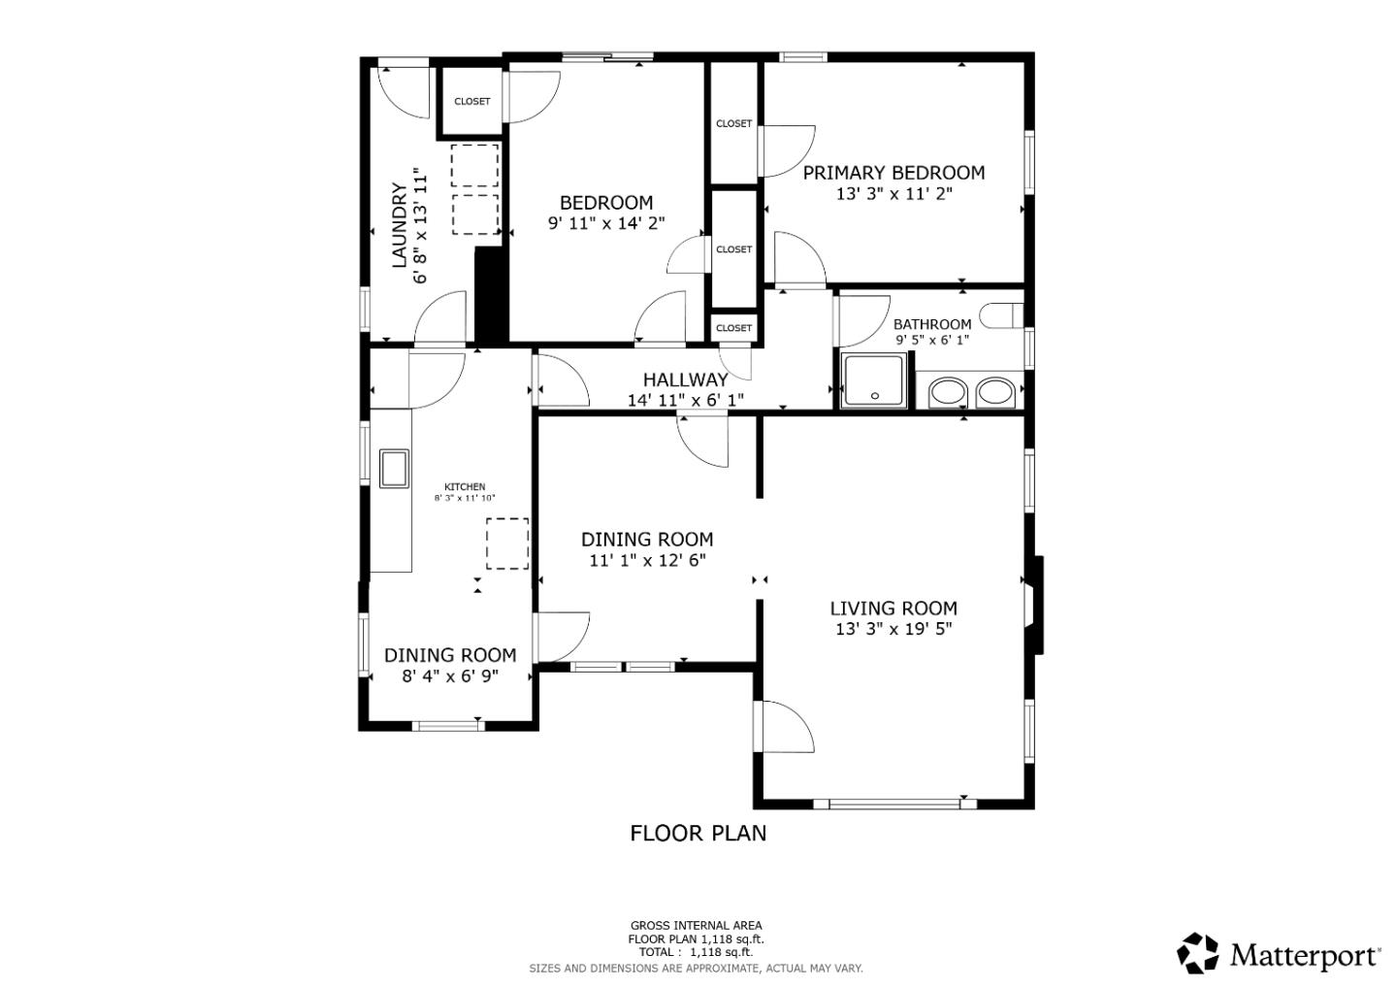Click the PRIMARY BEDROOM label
pyautogui.click(x=893, y=173)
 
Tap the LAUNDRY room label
pyautogui.click(x=399, y=225)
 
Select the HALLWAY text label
pyautogui.click(x=685, y=379)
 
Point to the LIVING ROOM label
pyautogui.click(x=893, y=609)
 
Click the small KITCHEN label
pyautogui.click(x=465, y=486)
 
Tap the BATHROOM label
pyautogui.click(x=932, y=324)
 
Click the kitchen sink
pyautogui.click(x=394, y=469)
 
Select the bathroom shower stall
pyautogui.click(x=874, y=381)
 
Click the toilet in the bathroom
pyautogui.click(x=1001, y=315)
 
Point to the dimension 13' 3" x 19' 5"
pyautogui.click(x=893, y=629)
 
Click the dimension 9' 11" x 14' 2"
pyautogui.click(x=606, y=223)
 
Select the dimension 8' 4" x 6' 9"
pyautogui.click(x=450, y=676)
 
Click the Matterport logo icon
pyautogui.click(x=1197, y=953)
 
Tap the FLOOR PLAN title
pyautogui.click(x=698, y=834)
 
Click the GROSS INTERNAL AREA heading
pyautogui.click(x=696, y=926)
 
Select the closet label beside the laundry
pyautogui.click(x=472, y=102)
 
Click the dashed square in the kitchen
pyautogui.click(x=507, y=543)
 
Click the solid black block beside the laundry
pyautogui.click(x=492, y=294)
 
